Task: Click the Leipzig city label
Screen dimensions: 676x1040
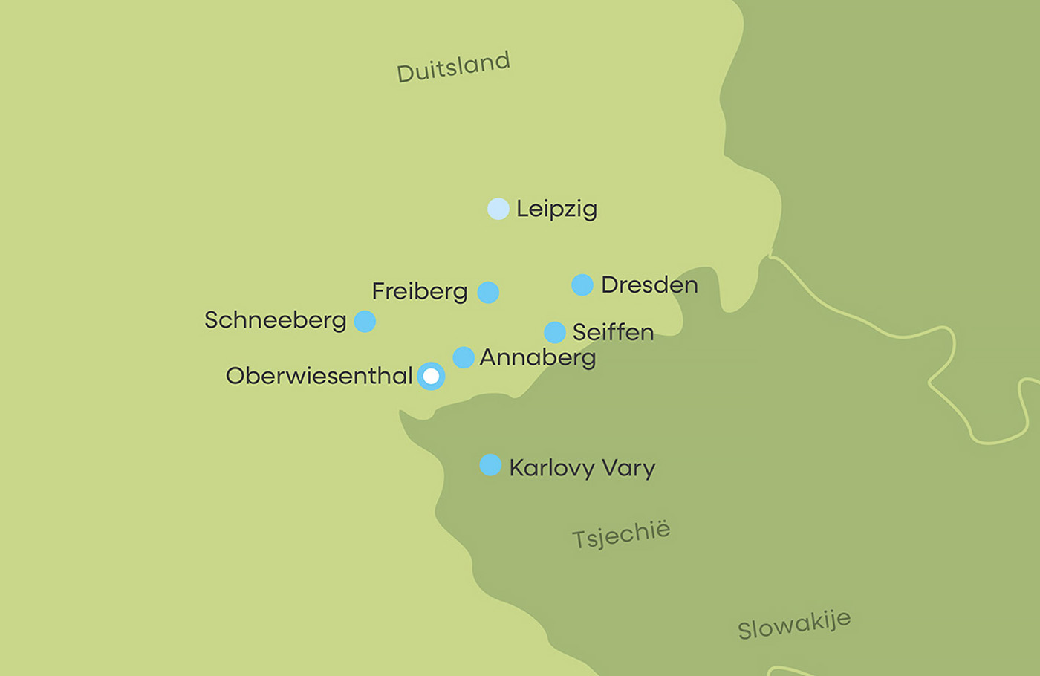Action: click(x=556, y=209)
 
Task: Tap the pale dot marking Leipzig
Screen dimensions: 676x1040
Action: click(x=498, y=209)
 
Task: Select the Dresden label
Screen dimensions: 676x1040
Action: click(x=649, y=285)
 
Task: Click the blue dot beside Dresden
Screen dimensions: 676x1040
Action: click(x=582, y=285)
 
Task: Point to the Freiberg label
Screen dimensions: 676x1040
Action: click(x=420, y=291)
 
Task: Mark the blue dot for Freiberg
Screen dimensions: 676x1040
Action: click(x=488, y=292)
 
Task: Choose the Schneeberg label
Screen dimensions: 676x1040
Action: click(x=276, y=320)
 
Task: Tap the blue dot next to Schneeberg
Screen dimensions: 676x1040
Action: click(x=365, y=321)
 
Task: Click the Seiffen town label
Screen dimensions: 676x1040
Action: click(x=613, y=332)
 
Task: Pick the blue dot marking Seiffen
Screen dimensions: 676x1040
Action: click(x=555, y=332)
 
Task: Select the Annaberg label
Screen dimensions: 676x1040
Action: click(x=538, y=358)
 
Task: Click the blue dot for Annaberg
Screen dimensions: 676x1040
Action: click(x=464, y=357)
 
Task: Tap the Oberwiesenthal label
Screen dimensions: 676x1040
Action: click(x=319, y=376)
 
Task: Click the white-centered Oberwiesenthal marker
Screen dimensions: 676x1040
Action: click(x=431, y=377)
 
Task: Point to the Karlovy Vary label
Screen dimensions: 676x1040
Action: click(x=582, y=468)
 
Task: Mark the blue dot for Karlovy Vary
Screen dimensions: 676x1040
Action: click(x=490, y=465)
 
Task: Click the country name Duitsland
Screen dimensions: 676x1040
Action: click(x=453, y=67)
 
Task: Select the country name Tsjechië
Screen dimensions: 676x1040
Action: click(x=621, y=534)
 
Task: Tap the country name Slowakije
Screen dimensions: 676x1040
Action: click(x=793, y=625)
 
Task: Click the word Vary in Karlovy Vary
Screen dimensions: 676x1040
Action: click(x=628, y=468)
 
